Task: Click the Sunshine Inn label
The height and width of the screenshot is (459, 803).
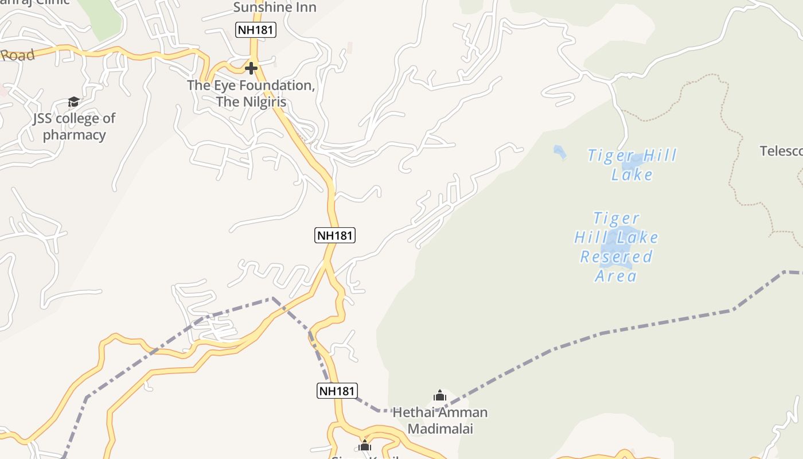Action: coord(274,7)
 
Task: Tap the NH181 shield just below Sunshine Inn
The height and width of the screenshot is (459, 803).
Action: coord(256,30)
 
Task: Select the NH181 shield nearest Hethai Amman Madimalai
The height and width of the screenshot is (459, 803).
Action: coord(337,391)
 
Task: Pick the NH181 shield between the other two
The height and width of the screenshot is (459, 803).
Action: coord(335,235)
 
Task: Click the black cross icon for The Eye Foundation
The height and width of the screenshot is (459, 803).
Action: coord(251,68)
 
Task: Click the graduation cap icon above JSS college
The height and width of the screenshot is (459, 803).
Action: coord(73,102)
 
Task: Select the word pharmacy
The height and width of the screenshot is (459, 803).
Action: coord(74,135)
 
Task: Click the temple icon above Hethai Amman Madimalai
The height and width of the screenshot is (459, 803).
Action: coord(440,395)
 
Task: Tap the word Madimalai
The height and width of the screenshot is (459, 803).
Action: coord(440,429)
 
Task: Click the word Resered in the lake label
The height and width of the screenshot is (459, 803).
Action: coord(616,256)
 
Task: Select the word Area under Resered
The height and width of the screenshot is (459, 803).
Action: coord(616,276)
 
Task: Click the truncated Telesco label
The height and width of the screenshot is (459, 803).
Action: coord(781,151)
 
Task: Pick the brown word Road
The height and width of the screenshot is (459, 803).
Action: coord(17,56)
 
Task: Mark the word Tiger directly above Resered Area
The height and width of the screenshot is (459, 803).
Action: coord(616,219)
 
